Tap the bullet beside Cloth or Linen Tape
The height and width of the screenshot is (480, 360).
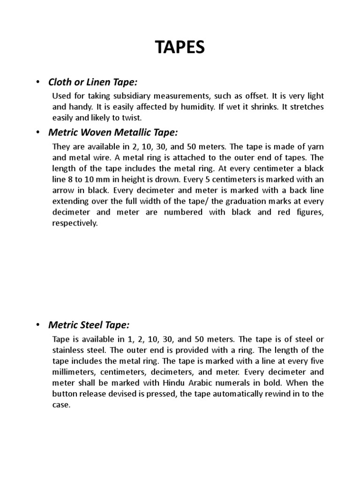pos(37,82)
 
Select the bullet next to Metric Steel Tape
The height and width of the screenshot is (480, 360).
pos(37,325)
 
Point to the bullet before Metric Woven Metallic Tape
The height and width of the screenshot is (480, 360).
pos(37,132)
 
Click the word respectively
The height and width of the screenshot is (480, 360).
pos(75,223)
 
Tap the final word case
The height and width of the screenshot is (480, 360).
pos(61,405)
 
